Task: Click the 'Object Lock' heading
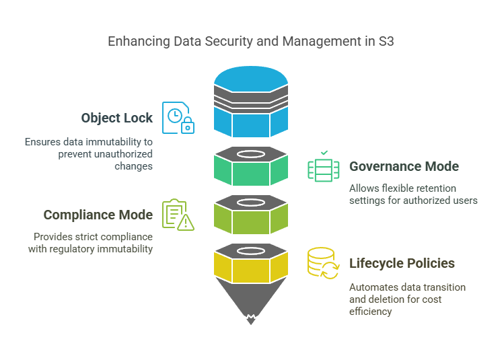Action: tap(116, 118)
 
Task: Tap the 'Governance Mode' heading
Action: tap(404, 166)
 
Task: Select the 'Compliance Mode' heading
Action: tap(98, 215)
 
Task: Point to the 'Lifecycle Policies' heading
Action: tap(402, 263)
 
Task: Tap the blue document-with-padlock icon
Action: tap(178, 118)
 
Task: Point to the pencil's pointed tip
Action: tap(251, 318)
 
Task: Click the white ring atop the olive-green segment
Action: tap(251, 202)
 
